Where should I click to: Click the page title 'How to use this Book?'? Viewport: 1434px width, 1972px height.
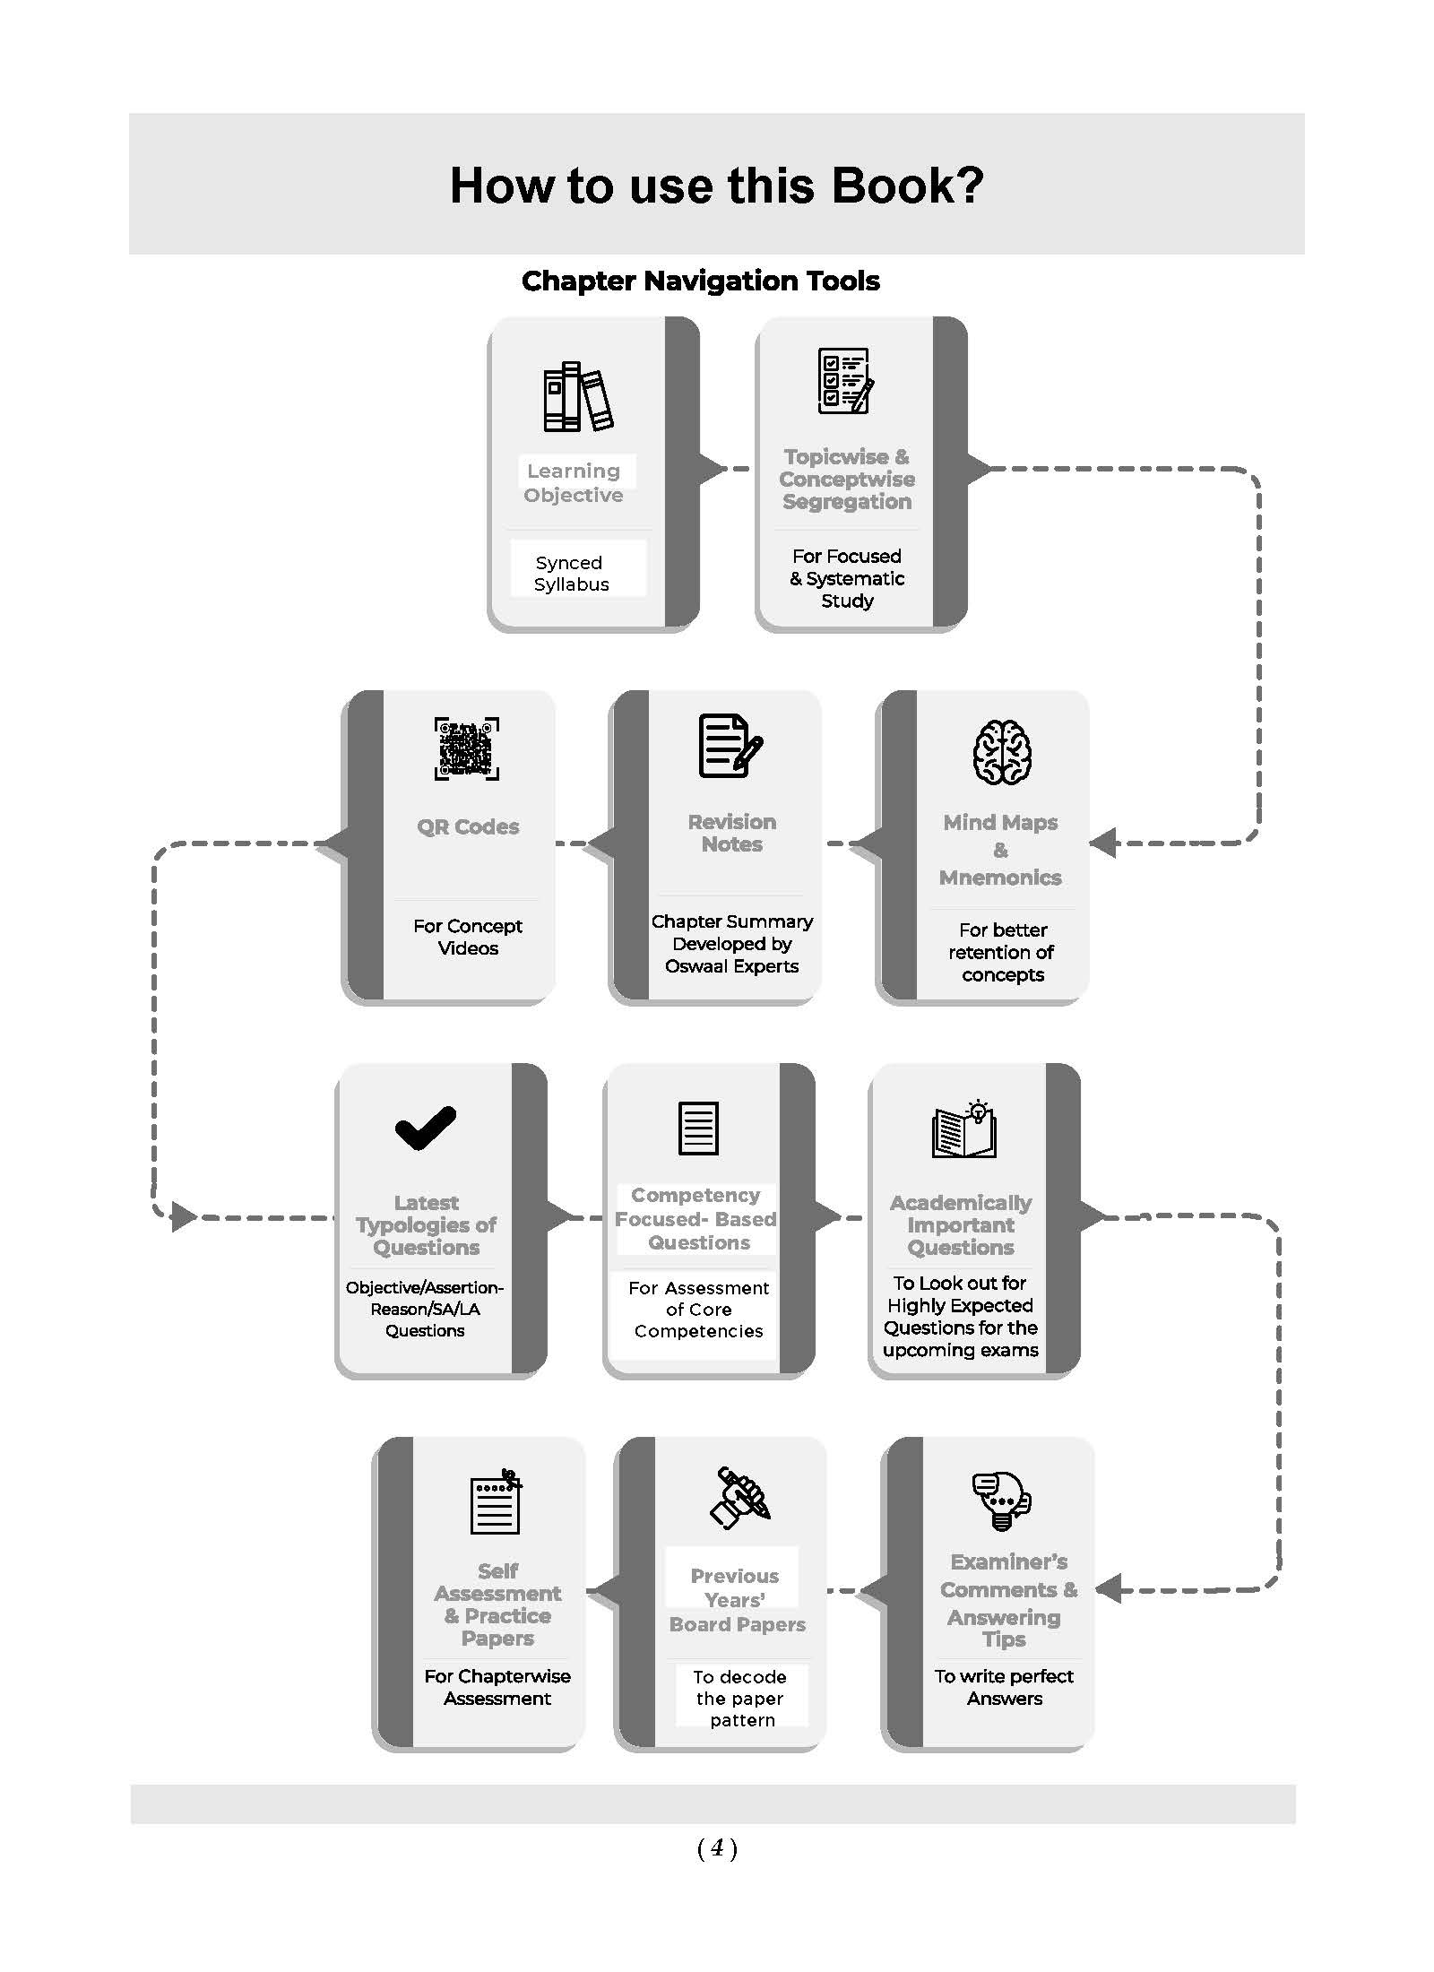(x=716, y=186)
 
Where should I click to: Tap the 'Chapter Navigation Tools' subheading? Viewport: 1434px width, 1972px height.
(x=701, y=281)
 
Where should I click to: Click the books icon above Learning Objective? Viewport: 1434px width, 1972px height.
(x=578, y=396)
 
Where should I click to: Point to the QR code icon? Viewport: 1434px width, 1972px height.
(x=467, y=748)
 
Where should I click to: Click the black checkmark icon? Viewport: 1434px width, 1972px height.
(x=426, y=1128)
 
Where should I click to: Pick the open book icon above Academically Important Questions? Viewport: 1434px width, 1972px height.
(x=964, y=1129)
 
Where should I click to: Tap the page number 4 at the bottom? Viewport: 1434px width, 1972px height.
(x=717, y=1847)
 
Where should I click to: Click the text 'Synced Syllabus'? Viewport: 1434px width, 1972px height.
(x=571, y=573)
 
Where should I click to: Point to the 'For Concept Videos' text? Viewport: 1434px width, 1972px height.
(x=468, y=937)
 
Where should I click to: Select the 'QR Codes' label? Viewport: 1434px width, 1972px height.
(x=468, y=826)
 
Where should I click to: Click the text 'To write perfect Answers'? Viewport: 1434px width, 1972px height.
(x=1004, y=1687)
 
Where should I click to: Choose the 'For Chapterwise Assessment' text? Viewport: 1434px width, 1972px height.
(x=497, y=1687)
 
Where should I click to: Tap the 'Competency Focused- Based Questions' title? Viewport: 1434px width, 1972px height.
(x=696, y=1219)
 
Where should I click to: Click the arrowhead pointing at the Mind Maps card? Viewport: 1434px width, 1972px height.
(x=1103, y=843)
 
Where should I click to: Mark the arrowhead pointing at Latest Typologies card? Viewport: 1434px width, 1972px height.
(x=184, y=1216)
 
